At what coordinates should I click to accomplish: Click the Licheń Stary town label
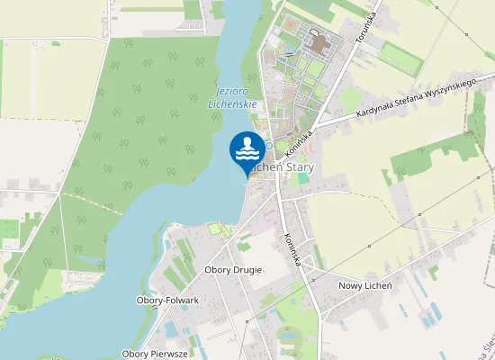280,167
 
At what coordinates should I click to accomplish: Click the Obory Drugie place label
233,270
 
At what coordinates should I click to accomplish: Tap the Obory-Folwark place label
167,300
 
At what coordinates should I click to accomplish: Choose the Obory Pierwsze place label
155,354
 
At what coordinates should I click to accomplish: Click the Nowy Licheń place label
364,285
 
